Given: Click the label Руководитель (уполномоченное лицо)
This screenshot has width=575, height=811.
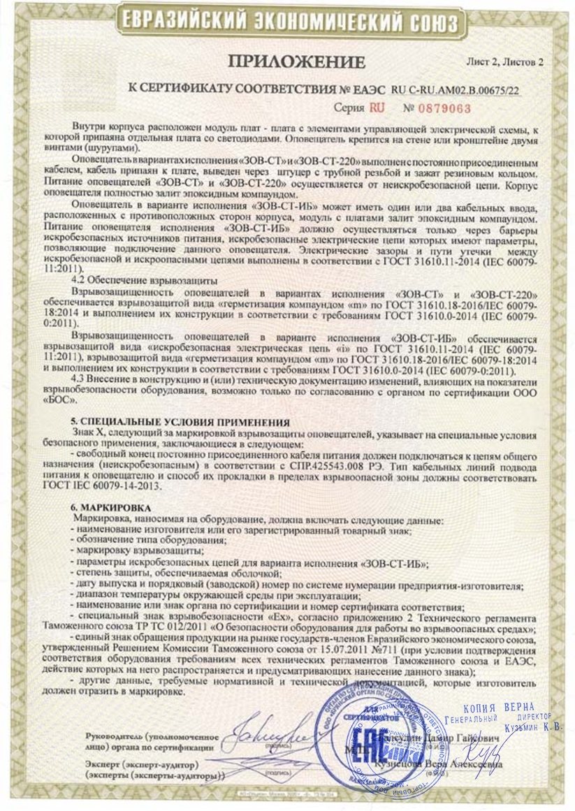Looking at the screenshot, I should pyautogui.click(x=150, y=743).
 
